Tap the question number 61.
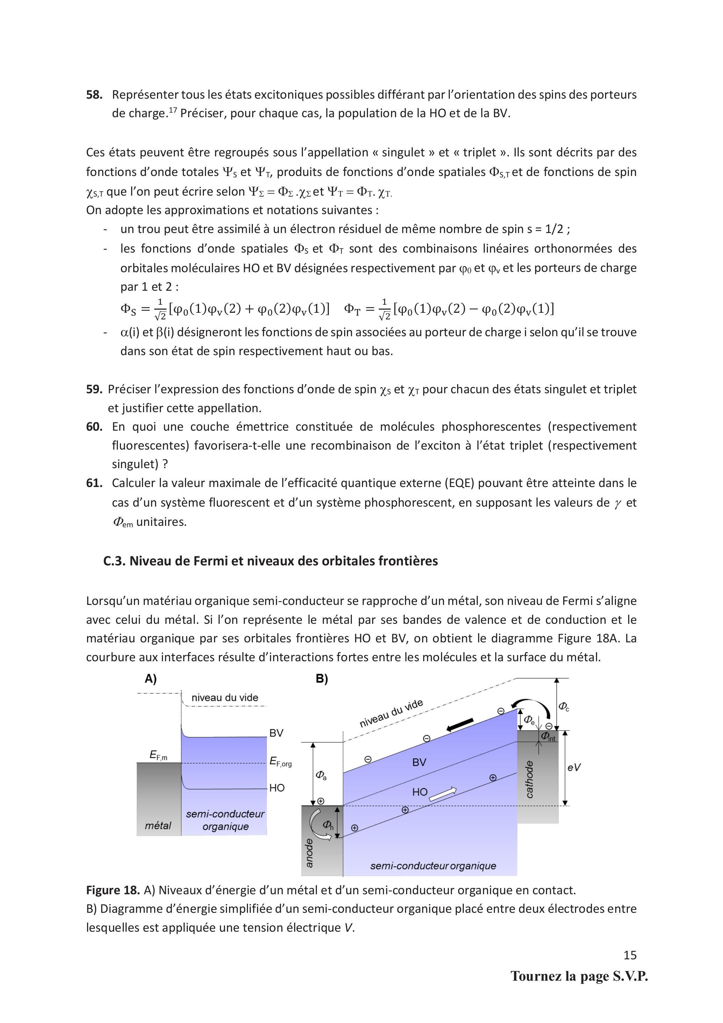(x=94, y=483)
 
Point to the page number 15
(x=630, y=955)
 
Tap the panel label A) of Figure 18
(x=150, y=679)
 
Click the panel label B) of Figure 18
(x=322, y=679)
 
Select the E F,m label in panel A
(x=158, y=755)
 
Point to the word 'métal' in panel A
(x=158, y=826)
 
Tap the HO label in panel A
(x=277, y=788)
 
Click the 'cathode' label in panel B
(x=529, y=779)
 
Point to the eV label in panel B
(x=574, y=767)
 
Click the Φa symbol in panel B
(x=321, y=775)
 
